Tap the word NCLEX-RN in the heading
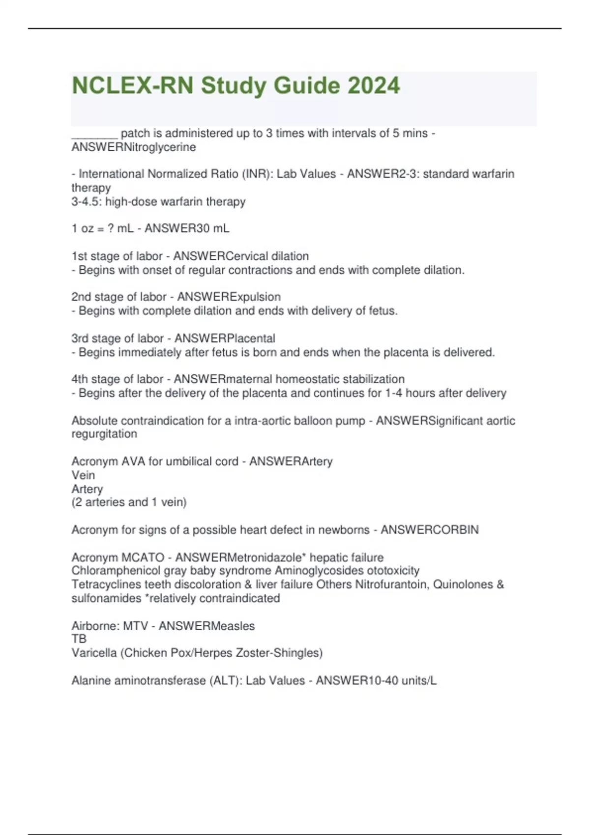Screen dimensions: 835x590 (x=133, y=85)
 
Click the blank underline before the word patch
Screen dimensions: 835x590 (x=94, y=134)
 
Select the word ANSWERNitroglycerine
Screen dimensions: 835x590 (x=134, y=147)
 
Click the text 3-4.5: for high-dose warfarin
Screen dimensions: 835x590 (x=87, y=202)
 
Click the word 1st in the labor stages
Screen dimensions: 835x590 (x=79, y=256)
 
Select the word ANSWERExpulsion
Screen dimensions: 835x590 (x=229, y=297)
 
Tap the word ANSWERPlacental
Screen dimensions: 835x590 (x=225, y=338)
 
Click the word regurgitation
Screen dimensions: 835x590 (x=104, y=434)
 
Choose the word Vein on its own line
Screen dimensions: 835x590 (x=83, y=475)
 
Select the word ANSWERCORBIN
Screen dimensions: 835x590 (x=429, y=530)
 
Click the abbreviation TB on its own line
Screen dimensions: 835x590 (x=79, y=639)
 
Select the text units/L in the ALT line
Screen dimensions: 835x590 (x=418, y=681)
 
